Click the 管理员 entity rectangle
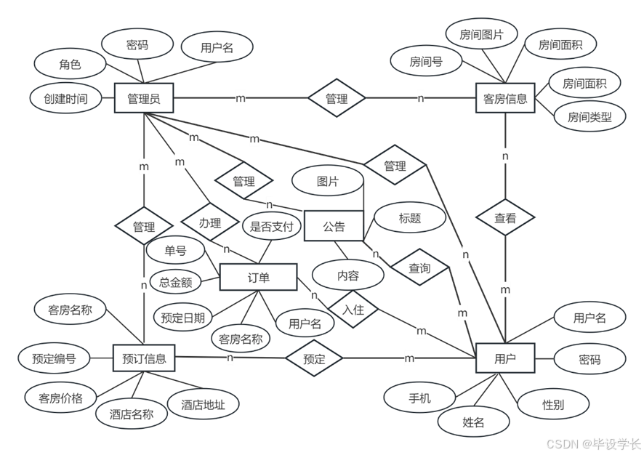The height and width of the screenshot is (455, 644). click(144, 98)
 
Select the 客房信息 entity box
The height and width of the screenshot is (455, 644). click(505, 98)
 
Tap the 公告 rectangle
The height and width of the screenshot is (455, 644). click(334, 226)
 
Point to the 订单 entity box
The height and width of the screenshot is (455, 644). click(258, 278)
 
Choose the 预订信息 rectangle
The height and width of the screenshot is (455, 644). click(145, 358)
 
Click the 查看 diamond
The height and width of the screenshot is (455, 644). click(505, 217)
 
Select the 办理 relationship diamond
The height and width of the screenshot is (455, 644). click(209, 223)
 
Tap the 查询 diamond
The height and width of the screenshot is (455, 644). click(419, 268)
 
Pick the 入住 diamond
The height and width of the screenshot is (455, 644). click(353, 309)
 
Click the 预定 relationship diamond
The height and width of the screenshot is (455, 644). click(314, 358)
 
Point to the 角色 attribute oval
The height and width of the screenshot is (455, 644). click(71, 64)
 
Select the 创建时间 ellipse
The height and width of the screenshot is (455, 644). click(65, 98)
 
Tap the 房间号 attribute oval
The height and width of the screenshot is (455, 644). click(426, 62)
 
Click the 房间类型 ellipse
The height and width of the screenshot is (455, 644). click(589, 116)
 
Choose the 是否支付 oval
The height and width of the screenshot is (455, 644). click(271, 226)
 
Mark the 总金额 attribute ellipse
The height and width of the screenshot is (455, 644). click(175, 282)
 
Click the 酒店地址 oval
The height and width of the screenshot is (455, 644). click(203, 405)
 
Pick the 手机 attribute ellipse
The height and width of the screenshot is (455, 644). click(419, 398)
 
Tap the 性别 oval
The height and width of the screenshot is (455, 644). click(554, 404)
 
